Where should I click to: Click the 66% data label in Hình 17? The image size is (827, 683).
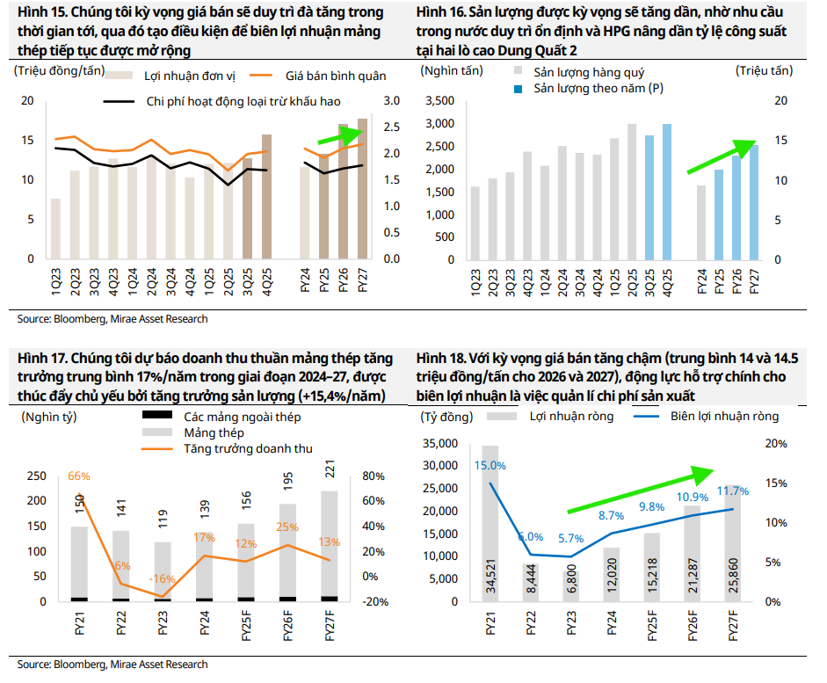(x=79, y=476)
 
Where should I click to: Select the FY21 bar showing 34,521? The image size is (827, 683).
(x=490, y=527)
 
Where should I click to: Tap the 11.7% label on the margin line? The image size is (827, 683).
(x=733, y=491)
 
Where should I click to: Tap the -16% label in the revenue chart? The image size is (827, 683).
(x=162, y=579)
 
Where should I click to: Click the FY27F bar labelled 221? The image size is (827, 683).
(x=329, y=545)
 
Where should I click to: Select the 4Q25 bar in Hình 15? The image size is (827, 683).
(x=267, y=198)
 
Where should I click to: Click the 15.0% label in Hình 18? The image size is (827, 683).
(x=490, y=465)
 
